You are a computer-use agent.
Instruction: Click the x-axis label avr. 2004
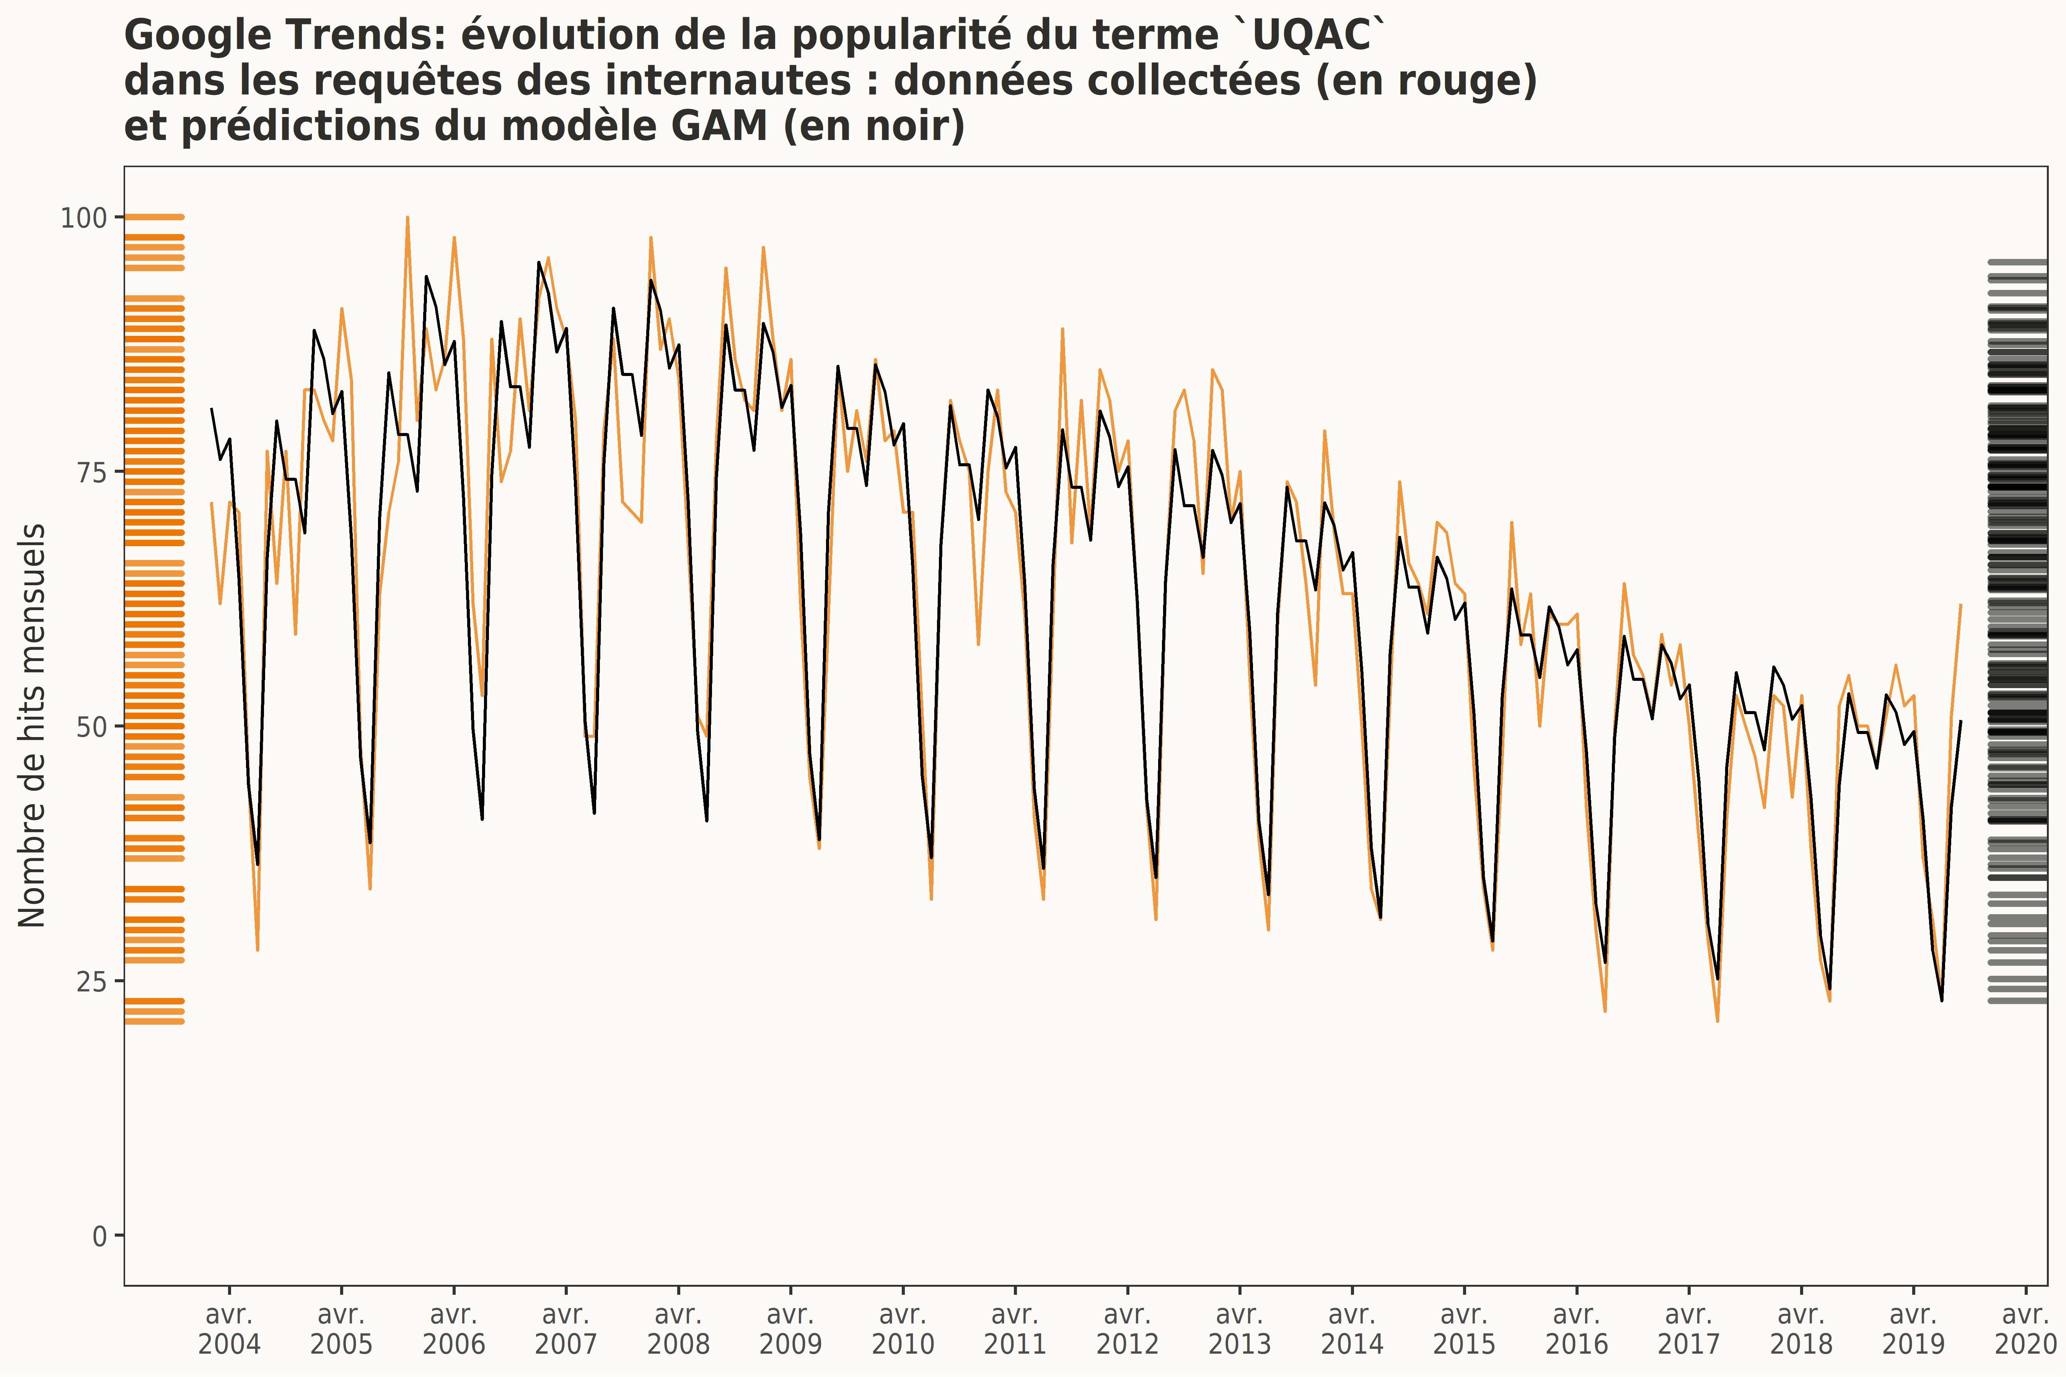[229, 1330]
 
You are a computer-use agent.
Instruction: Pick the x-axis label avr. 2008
[678, 1330]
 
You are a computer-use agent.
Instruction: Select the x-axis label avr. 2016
[1577, 1330]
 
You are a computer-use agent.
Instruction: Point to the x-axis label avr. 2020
[2025, 1330]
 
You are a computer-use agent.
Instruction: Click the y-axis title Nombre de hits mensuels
[32, 725]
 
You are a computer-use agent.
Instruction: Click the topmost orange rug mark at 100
[154, 217]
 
